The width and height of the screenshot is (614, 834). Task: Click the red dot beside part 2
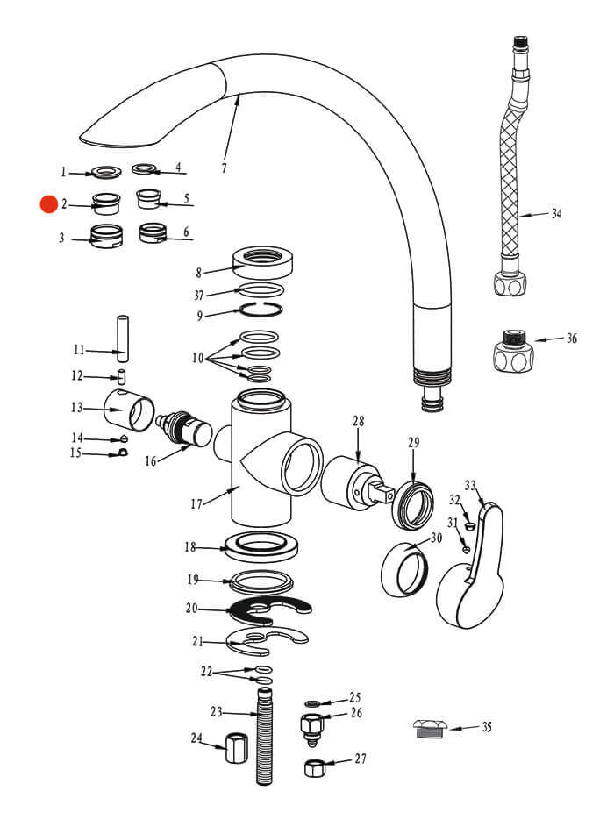[47, 204]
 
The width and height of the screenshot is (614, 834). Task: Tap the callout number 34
[556, 213]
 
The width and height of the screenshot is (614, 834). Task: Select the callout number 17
[196, 503]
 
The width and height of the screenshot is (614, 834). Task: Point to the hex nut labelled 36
[511, 351]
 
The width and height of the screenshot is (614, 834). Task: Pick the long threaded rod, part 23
[263, 737]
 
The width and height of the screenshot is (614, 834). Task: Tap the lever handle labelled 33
[474, 570]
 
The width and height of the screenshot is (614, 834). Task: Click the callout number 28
[358, 423]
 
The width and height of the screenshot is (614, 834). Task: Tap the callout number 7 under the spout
[224, 168]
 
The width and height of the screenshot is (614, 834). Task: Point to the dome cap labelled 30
[403, 571]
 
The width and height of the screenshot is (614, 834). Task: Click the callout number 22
[206, 672]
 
